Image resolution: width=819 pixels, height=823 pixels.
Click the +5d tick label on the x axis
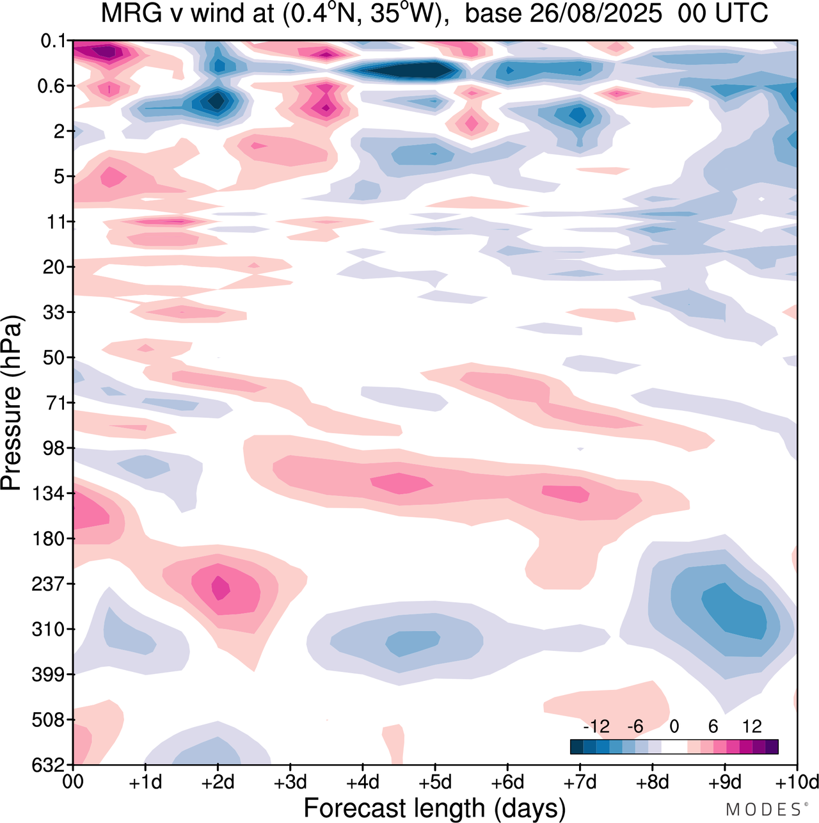click(x=435, y=782)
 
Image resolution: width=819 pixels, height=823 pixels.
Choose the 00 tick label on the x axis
click(x=74, y=782)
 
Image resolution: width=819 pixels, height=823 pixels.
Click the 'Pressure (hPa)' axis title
click(x=12, y=403)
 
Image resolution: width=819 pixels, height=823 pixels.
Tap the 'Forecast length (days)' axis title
click(x=434, y=808)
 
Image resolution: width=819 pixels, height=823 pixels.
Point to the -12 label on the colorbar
click(x=596, y=726)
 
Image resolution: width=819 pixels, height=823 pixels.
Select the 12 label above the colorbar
click(x=752, y=726)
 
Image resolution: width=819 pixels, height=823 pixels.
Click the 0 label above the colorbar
click(x=674, y=726)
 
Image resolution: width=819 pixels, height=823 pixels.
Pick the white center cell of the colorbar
click(x=674, y=747)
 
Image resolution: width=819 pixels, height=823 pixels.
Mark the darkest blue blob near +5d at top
click(x=409, y=70)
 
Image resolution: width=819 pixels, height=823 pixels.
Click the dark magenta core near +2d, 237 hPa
click(x=221, y=587)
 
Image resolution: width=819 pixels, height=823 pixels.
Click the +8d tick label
click(x=653, y=782)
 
